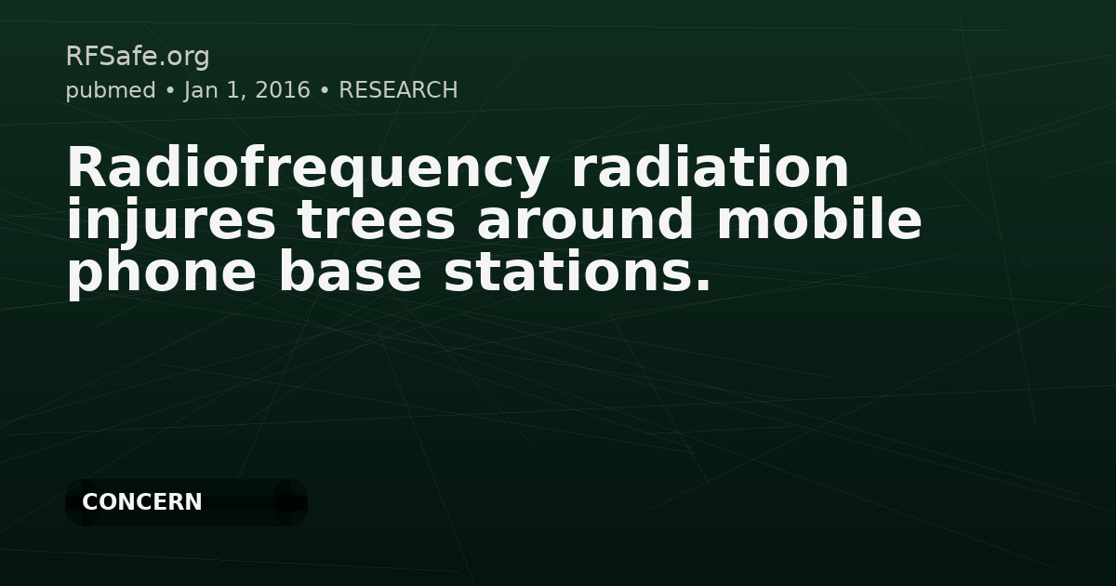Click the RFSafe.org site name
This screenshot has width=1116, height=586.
[138, 57]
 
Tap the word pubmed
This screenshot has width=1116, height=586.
[110, 91]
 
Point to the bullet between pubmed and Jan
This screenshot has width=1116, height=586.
[169, 91]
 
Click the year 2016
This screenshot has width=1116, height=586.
[281, 91]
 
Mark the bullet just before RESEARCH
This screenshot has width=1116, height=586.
[325, 91]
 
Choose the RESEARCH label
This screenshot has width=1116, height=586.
[398, 91]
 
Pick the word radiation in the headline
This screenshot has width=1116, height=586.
[711, 168]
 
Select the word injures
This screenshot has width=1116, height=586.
[171, 221]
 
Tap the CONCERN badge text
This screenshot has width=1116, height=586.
[142, 502]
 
